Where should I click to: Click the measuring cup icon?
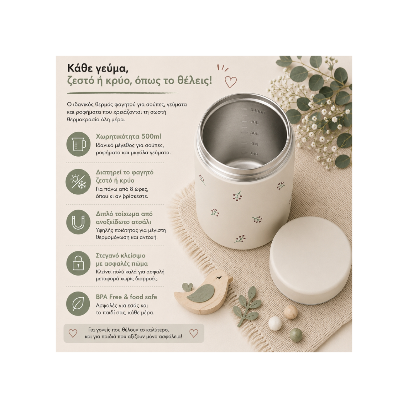[x=79, y=144]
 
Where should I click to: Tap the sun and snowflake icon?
[x=79, y=182]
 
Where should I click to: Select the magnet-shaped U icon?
[x=79, y=223]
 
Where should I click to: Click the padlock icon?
[x=79, y=263]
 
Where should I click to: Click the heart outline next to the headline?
[x=231, y=82]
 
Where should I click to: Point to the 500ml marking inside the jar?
[x=257, y=111]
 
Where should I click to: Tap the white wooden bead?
[x=275, y=324]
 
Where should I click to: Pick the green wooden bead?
[x=296, y=334]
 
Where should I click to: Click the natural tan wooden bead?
[x=290, y=312]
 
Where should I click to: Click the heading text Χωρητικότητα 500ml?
[x=129, y=136]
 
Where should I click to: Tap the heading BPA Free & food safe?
[x=126, y=297]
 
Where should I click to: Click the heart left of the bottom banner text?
[x=73, y=333]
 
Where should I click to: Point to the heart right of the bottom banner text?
[x=194, y=333]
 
